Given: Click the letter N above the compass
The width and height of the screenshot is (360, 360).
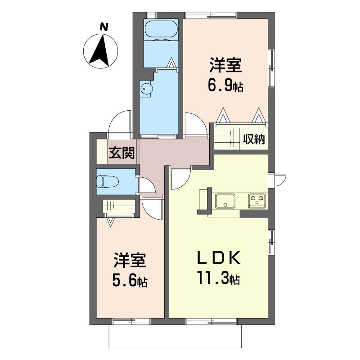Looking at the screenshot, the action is coord(104,27).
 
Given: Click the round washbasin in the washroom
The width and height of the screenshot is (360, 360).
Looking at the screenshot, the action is coord(144,88).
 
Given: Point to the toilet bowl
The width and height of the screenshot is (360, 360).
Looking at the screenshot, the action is coord(107,181).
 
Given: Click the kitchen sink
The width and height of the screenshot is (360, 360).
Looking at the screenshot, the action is coord(225,201).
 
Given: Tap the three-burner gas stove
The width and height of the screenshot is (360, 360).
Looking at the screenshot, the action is coord(257,201).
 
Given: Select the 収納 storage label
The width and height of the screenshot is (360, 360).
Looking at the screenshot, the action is coord(254,139).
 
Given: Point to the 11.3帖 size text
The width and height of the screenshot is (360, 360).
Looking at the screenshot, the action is coord(218,278).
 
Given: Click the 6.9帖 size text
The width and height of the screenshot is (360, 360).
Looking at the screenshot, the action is coord(225,85).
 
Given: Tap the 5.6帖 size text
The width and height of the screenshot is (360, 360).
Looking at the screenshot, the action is coord(130,281).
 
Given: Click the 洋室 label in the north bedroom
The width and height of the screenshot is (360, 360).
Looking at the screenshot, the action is coord(225,65).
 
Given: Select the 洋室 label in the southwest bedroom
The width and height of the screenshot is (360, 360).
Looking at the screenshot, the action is coord(130,261).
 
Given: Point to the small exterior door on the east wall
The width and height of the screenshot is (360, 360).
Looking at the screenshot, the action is coord(279,180).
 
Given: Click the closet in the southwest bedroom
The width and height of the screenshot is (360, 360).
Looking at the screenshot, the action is coord(118,207).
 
